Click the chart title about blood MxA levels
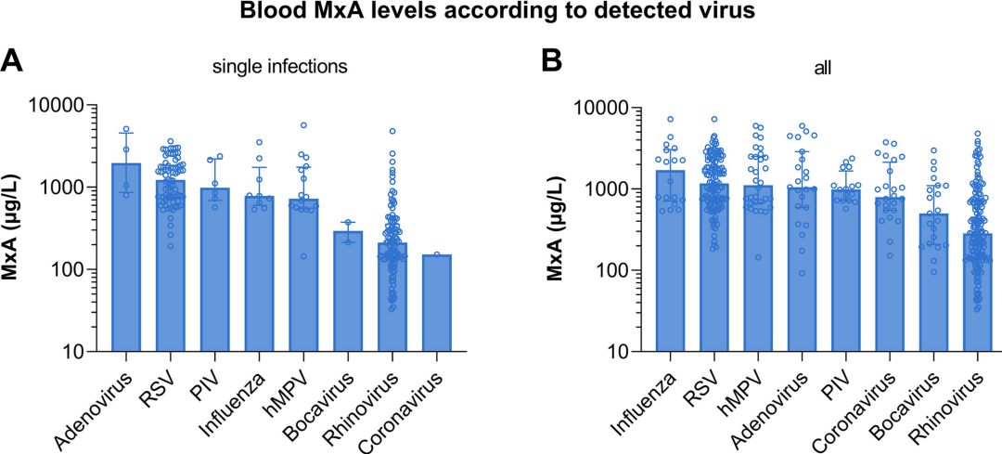tap(500, 13)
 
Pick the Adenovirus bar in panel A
tap(126, 260)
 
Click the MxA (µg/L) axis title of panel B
tap(556, 228)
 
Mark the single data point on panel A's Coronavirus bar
tap(436, 253)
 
